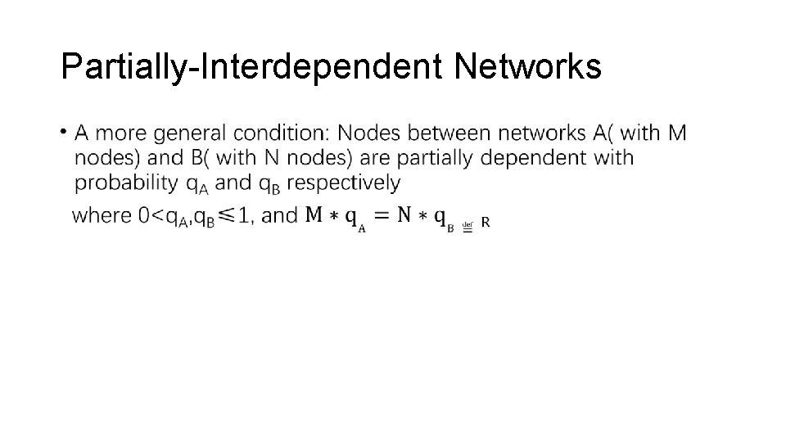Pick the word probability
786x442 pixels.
pos(127,182)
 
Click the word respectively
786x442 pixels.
pos(344,182)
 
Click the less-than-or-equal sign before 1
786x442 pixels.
pos(227,215)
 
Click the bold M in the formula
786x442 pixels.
pos(314,215)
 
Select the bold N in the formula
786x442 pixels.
pos(404,215)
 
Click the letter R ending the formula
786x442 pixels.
pos(486,222)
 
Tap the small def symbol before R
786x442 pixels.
pos(468,224)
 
